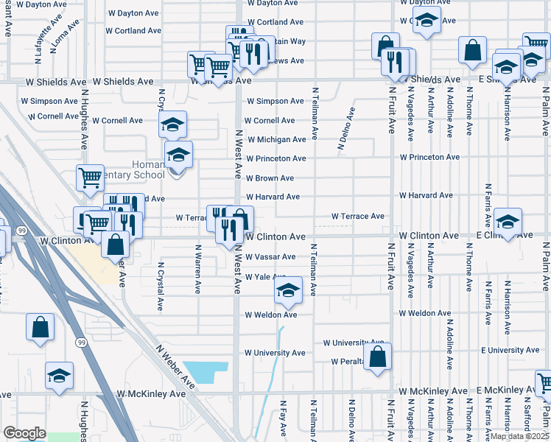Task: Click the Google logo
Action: coord(24,432)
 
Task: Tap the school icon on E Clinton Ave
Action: coord(507,221)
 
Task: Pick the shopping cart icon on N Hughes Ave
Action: coord(90,178)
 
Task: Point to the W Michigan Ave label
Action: coord(275,140)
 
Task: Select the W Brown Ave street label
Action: coord(270,178)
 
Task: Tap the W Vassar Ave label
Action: coord(270,257)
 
